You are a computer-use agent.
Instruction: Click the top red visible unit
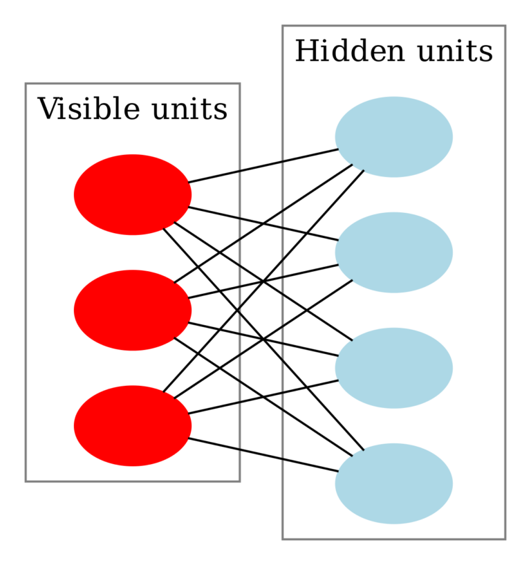pos(132,194)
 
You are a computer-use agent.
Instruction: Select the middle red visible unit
pos(132,310)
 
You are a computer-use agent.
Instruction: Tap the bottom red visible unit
pos(132,425)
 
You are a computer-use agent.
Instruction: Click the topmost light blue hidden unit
pos(393,137)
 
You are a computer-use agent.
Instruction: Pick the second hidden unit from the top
pos(393,252)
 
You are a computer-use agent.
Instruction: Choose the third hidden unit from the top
pos(393,368)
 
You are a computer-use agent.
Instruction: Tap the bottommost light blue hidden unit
pos(393,483)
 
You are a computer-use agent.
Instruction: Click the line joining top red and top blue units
pos(263,166)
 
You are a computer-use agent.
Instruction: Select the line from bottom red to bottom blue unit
pos(263,454)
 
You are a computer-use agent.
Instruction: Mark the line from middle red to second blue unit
pos(304,272)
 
